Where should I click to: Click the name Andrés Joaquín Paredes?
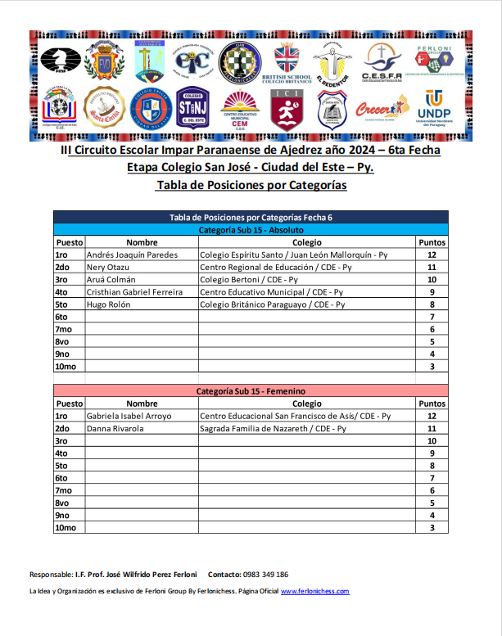coord(133,255)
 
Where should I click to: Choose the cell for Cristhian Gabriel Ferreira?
coord(134,291)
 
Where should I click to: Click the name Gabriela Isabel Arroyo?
coord(129,416)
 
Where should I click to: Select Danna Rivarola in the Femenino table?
coord(115,428)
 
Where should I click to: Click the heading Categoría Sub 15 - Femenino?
coord(251,391)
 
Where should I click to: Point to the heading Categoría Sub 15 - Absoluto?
coord(251,230)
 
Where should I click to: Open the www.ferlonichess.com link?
coord(314,591)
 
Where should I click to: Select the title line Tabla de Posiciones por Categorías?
coord(251,186)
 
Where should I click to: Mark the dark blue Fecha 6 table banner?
coord(251,217)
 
